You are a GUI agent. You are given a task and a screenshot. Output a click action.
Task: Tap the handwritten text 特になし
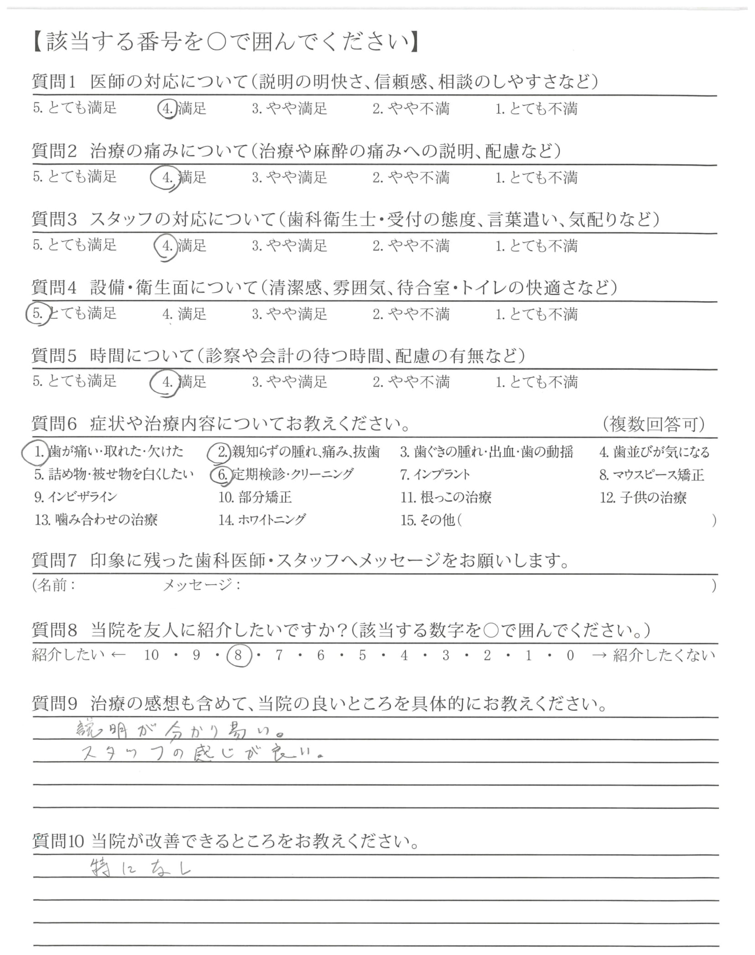[x=140, y=869]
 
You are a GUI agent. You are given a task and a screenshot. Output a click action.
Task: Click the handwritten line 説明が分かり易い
[x=179, y=730]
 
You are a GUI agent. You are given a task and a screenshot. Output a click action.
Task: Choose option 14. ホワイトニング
[x=262, y=520]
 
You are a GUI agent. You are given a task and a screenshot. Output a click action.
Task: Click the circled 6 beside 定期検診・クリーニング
[x=222, y=475]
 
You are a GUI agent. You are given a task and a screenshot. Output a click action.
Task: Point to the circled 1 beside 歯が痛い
[x=38, y=452]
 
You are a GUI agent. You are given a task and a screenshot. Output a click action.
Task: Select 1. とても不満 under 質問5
[x=536, y=382]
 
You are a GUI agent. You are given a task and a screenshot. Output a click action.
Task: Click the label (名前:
[x=54, y=586]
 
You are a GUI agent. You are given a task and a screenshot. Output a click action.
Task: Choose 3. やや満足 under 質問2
[x=290, y=178]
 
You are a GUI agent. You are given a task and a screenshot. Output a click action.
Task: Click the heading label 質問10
[x=58, y=841]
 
